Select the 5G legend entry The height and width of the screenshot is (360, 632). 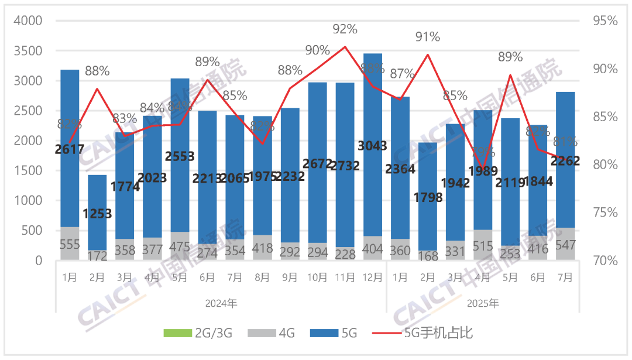[339, 334]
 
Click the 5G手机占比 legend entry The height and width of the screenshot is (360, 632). [430, 334]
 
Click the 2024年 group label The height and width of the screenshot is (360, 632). [221, 304]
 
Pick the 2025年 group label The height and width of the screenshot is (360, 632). [483, 304]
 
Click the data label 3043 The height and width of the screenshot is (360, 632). [372, 146]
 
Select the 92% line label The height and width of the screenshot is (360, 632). [345, 29]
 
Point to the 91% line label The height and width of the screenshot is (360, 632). [428, 37]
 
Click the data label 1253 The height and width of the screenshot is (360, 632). [97, 214]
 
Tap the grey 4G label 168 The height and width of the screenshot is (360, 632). [427, 256]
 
